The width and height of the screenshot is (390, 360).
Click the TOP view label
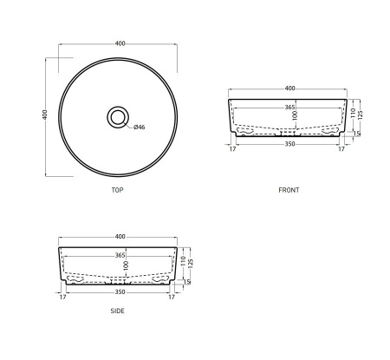click(x=117, y=189)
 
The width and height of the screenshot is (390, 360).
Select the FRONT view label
click(x=289, y=189)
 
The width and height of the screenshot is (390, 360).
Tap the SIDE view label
click(x=117, y=311)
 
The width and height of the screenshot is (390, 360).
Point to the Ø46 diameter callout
click(x=139, y=128)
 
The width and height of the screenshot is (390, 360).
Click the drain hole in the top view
click(x=117, y=115)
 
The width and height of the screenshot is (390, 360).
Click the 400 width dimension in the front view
click(x=289, y=88)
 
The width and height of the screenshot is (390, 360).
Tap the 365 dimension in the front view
click(x=289, y=106)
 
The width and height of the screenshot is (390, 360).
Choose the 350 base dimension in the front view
click(x=289, y=145)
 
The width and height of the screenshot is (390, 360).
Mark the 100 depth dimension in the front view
click(x=295, y=116)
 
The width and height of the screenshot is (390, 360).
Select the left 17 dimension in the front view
click(x=233, y=148)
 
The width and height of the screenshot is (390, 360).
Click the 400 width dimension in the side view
click(x=120, y=237)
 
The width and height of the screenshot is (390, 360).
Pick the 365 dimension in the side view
click(x=120, y=255)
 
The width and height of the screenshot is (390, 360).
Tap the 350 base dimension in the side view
click(x=120, y=293)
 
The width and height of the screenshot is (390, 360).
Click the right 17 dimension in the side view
click(x=172, y=297)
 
